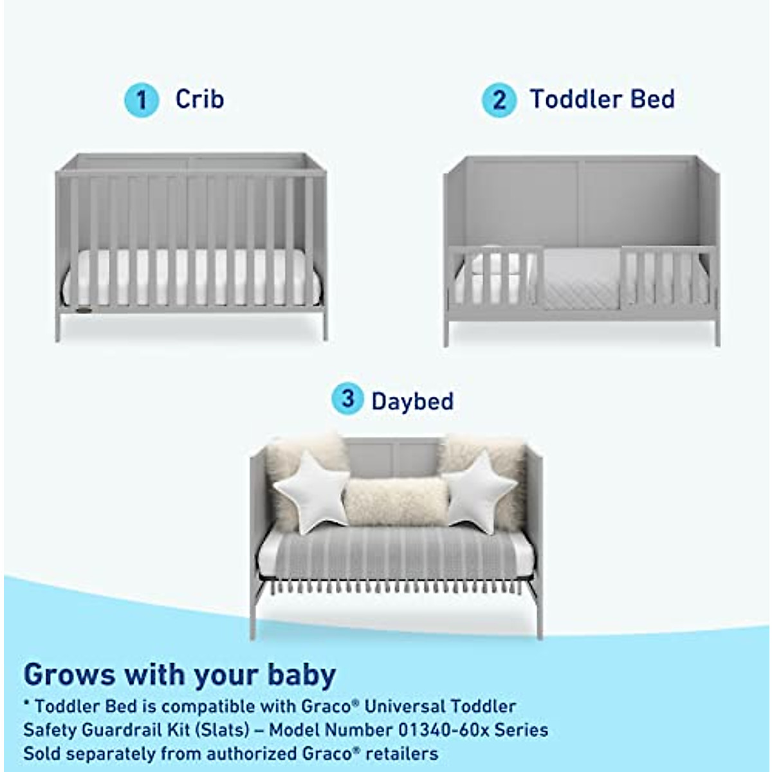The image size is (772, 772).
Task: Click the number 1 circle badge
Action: [x=142, y=100]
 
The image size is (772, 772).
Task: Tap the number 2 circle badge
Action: [x=499, y=100]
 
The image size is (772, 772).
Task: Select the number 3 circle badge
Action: [x=348, y=399]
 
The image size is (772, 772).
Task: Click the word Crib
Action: [x=199, y=99]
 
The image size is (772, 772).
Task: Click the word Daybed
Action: [x=412, y=402]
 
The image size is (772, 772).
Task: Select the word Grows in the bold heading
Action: [x=69, y=675]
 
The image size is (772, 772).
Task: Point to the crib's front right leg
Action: [x=324, y=325]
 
